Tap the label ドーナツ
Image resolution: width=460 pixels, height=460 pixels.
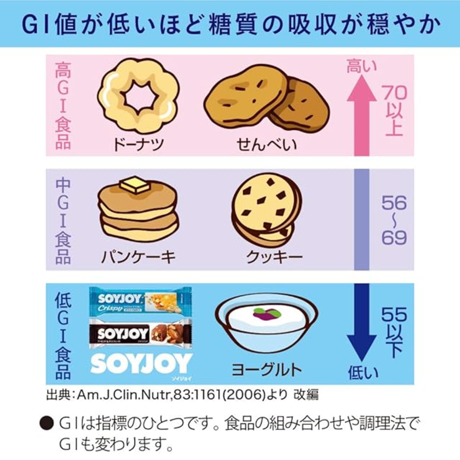click(x=139, y=144)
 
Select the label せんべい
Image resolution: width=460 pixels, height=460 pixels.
click(x=267, y=144)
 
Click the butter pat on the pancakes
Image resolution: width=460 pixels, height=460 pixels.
click(x=134, y=186)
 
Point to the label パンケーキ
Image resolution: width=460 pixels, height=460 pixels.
click(x=138, y=257)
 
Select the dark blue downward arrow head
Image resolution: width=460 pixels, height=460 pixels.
click(x=362, y=347)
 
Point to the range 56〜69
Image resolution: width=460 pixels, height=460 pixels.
click(x=394, y=220)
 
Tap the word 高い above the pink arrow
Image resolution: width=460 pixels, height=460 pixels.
click(x=362, y=67)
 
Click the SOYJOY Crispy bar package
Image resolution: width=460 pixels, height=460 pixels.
click(x=140, y=300)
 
